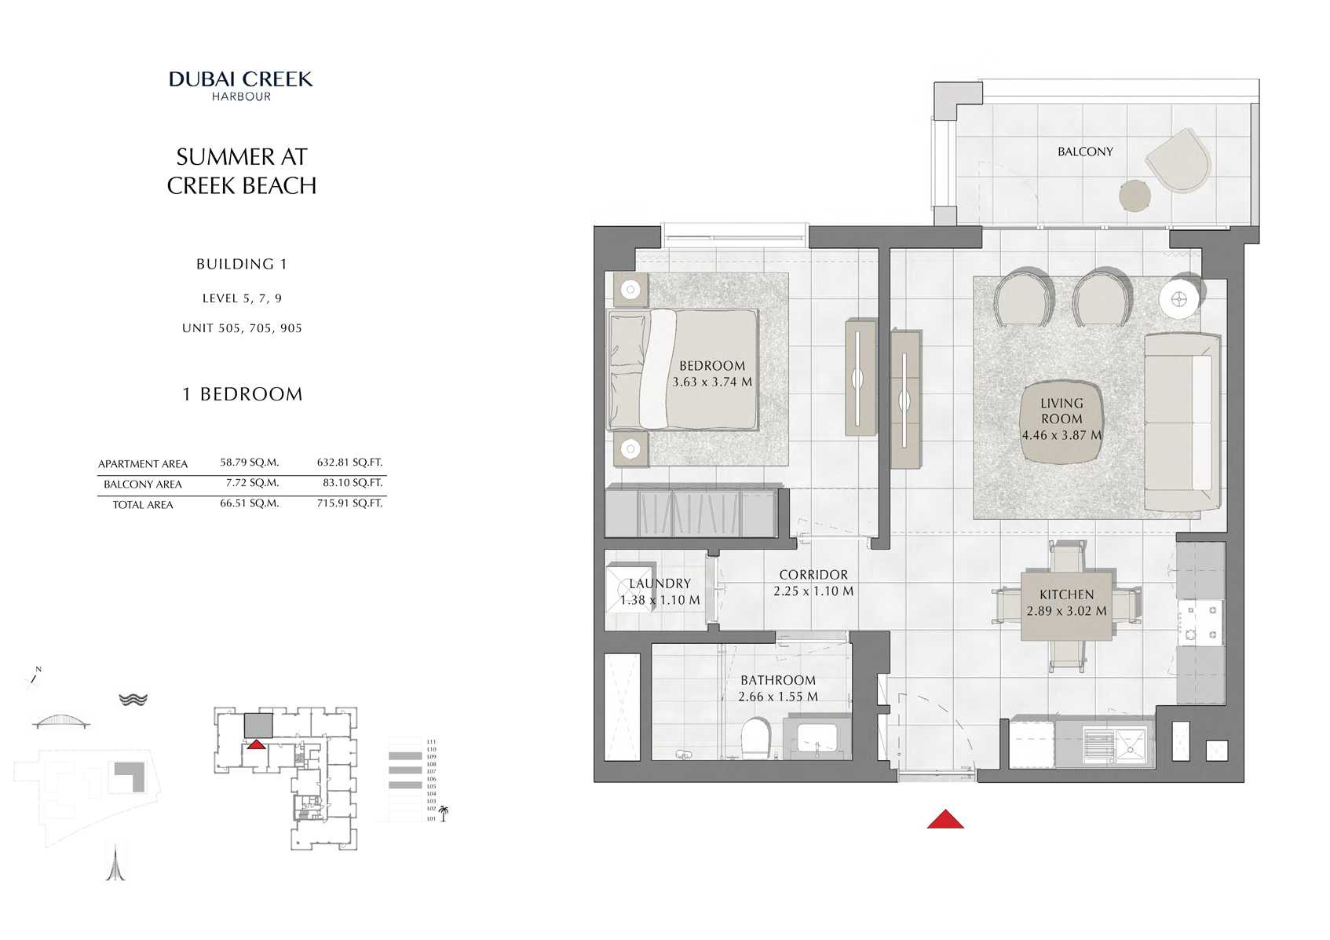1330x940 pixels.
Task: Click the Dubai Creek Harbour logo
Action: pyautogui.click(x=241, y=85)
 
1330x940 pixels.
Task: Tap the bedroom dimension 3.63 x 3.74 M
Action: pyautogui.click(x=712, y=382)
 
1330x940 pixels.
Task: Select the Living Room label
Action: pyautogui.click(x=1061, y=411)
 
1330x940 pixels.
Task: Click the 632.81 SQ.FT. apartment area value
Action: pyautogui.click(x=349, y=463)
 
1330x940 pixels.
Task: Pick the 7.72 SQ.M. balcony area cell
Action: pyautogui.click(x=252, y=483)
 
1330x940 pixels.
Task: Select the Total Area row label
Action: pyautogui.click(x=143, y=504)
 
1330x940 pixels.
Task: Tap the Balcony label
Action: pyautogui.click(x=1085, y=152)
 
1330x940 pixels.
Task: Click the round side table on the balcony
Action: pyautogui.click(x=1135, y=196)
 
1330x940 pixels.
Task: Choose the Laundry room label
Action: pyautogui.click(x=660, y=583)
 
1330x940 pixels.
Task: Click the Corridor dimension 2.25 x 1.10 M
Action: pyautogui.click(x=813, y=591)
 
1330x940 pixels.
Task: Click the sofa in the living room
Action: pyautogui.click(x=1182, y=422)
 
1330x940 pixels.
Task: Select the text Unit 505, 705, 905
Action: pyautogui.click(x=242, y=328)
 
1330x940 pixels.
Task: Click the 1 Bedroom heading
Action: pyautogui.click(x=242, y=394)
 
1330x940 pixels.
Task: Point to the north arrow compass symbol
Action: pyautogui.click(x=35, y=677)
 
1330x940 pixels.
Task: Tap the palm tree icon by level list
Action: pyautogui.click(x=444, y=813)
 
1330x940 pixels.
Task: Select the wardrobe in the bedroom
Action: pyautogui.click(x=691, y=513)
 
